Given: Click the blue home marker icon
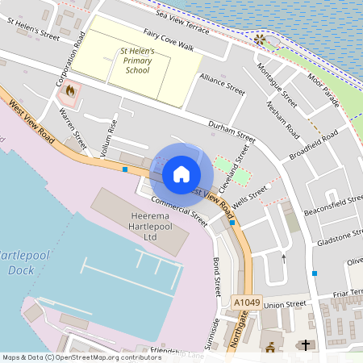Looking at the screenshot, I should click(181, 173).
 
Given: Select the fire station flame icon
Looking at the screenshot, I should click(71, 92).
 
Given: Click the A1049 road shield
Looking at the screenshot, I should click(247, 302).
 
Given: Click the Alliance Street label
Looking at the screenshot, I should click(223, 86).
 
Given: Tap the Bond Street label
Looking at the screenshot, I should click(215, 277).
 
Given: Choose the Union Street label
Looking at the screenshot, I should click(286, 305).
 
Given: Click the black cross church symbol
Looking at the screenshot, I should click(305, 346).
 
